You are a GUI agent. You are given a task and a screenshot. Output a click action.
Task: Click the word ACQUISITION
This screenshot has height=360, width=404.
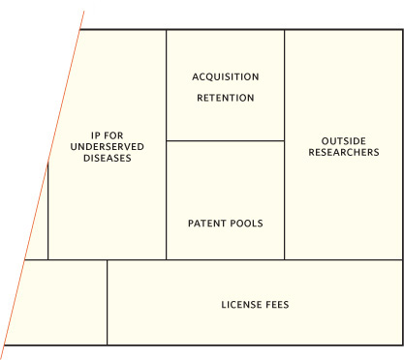226,76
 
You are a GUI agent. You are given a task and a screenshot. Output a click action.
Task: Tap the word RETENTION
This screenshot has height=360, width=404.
226,98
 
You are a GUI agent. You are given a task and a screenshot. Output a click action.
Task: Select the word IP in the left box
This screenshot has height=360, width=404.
96,135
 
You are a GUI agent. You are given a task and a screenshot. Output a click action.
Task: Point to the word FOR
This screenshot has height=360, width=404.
113,135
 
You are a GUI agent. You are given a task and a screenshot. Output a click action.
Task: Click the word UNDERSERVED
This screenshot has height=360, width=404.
108,147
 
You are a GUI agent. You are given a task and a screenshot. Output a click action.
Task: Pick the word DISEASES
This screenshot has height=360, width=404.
108,158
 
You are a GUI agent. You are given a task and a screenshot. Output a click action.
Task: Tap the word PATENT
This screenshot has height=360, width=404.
204,224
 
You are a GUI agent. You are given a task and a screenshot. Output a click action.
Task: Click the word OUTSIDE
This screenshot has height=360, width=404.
344,141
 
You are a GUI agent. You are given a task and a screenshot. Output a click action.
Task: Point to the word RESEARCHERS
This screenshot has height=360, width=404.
344,152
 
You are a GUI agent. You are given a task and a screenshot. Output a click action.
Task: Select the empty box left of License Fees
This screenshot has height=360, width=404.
60,302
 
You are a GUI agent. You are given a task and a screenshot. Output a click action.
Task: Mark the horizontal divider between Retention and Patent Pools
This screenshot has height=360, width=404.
226,140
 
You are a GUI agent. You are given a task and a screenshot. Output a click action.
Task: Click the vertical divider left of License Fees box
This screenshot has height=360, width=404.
108,302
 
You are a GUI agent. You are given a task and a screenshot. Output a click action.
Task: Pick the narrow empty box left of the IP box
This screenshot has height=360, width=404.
40,225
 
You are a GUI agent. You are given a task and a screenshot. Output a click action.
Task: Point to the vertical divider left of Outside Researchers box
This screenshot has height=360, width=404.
285,144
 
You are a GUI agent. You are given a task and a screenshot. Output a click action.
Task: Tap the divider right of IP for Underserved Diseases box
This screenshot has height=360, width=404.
167,144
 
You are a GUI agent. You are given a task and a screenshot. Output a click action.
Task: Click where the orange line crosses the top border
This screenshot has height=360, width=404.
79,30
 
